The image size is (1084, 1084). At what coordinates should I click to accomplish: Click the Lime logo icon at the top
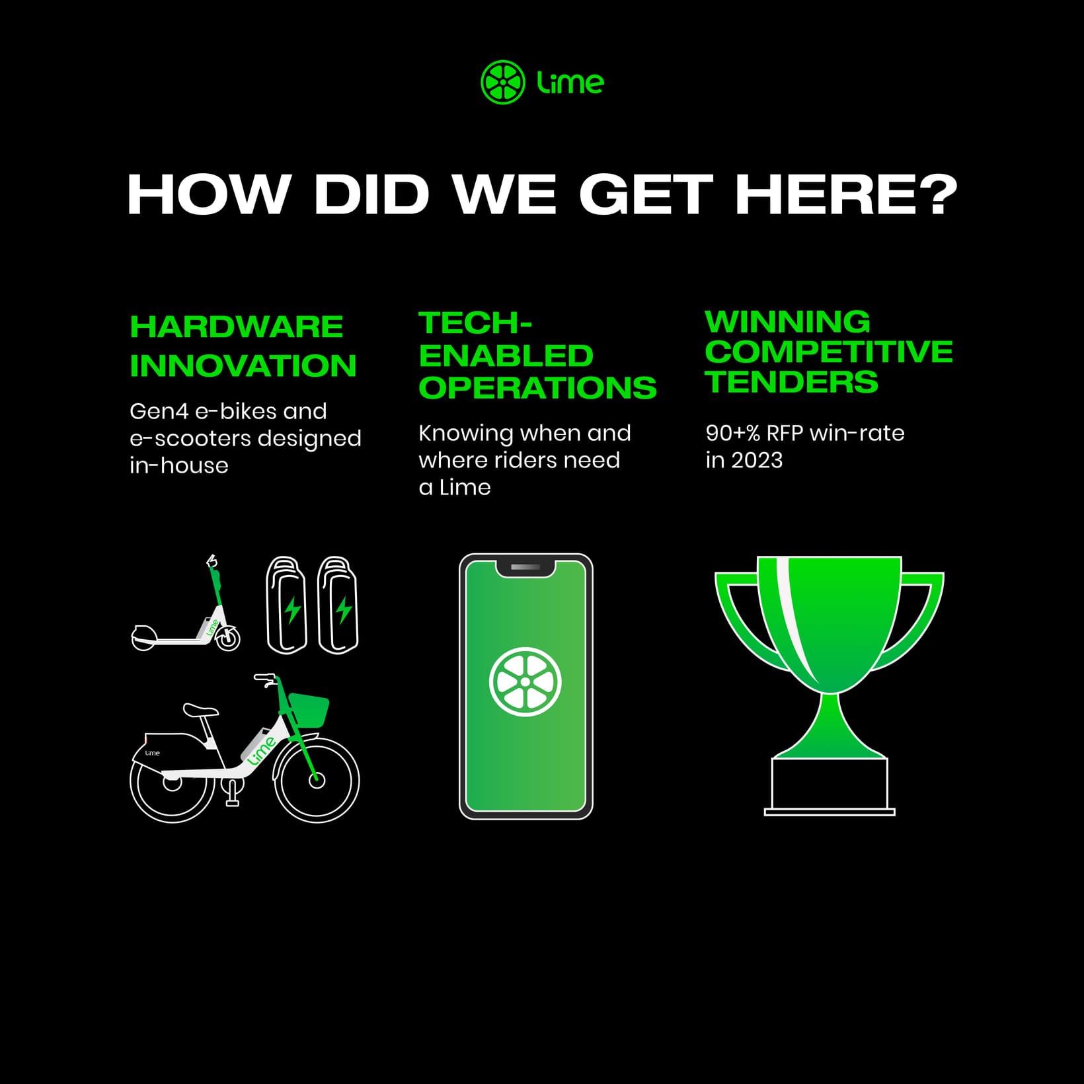pyautogui.click(x=503, y=83)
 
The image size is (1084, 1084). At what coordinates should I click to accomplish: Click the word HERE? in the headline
pyautogui.click(x=846, y=194)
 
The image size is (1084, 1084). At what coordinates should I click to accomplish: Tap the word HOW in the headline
pyautogui.click(x=209, y=194)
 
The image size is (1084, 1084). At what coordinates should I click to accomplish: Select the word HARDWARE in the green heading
pyautogui.click(x=237, y=327)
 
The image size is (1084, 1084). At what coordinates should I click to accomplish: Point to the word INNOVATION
pyautogui.click(x=243, y=366)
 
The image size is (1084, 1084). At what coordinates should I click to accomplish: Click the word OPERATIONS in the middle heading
pyautogui.click(x=537, y=387)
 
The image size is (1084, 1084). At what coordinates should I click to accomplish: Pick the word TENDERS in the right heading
pyautogui.click(x=791, y=381)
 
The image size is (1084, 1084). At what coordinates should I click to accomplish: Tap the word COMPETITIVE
pyautogui.click(x=829, y=351)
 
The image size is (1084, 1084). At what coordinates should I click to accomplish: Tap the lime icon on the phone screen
pyautogui.click(x=525, y=681)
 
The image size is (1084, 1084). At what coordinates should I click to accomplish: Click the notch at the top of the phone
pyautogui.click(x=525, y=568)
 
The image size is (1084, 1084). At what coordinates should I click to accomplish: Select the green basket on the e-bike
pyautogui.click(x=308, y=709)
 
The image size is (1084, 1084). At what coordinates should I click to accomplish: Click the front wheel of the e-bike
pyautogui.click(x=317, y=780)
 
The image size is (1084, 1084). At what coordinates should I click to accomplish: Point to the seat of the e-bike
pyautogui.click(x=200, y=711)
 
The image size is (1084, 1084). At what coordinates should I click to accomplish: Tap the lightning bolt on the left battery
pyautogui.click(x=292, y=610)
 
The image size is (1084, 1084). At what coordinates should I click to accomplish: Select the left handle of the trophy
pyautogui.click(x=744, y=618)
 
